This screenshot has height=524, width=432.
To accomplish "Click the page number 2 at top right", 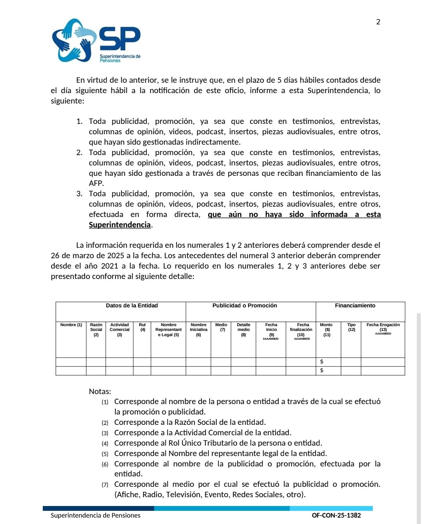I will pyautogui.click(x=378, y=22).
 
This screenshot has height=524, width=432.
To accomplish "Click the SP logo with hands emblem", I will pyautogui.click(x=96, y=40).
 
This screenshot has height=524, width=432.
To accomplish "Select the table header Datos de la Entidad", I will pyautogui.click(x=132, y=306).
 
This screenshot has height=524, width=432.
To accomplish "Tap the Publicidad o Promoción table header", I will pyautogui.click(x=244, y=306).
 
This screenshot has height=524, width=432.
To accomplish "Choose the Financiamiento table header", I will pyautogui.click(x=355, y=306).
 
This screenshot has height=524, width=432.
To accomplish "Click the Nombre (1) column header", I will pyautogui.click(x=71, y=325).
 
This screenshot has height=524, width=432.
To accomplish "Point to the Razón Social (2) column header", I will pyautogui.click(x=96, y=330).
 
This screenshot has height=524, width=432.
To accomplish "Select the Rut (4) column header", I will pyautogui.click(x=142, y=327).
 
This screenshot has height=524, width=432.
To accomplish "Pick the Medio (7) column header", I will pyautogui.click(x=221, y=327).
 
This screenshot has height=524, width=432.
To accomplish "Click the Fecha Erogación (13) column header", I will pyautogui.click(x=383, y=328).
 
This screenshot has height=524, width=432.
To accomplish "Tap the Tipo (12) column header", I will pyautogui.click(x=351, y=327).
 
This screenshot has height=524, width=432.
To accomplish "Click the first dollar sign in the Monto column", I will pyautogui.click(x=322, y=362).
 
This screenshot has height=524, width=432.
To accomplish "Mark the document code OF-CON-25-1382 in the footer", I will pyautogui.click(x=336, y=515).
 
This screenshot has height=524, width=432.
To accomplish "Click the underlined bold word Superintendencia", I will pyautogui.click(x=120, y=225).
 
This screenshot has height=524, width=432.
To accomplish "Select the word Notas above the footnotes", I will pyautogui.click(x=100, y=391).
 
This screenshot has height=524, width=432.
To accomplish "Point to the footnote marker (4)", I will pyautogui.click(x=105, y=443).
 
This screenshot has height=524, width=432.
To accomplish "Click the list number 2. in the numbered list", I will pyautogui.click(x=80, y=152).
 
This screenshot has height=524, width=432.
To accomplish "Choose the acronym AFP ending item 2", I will pyautogui.click(x=96, y=183).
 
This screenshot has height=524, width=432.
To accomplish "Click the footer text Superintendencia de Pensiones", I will pyautogui.click(x=96, y=515).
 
